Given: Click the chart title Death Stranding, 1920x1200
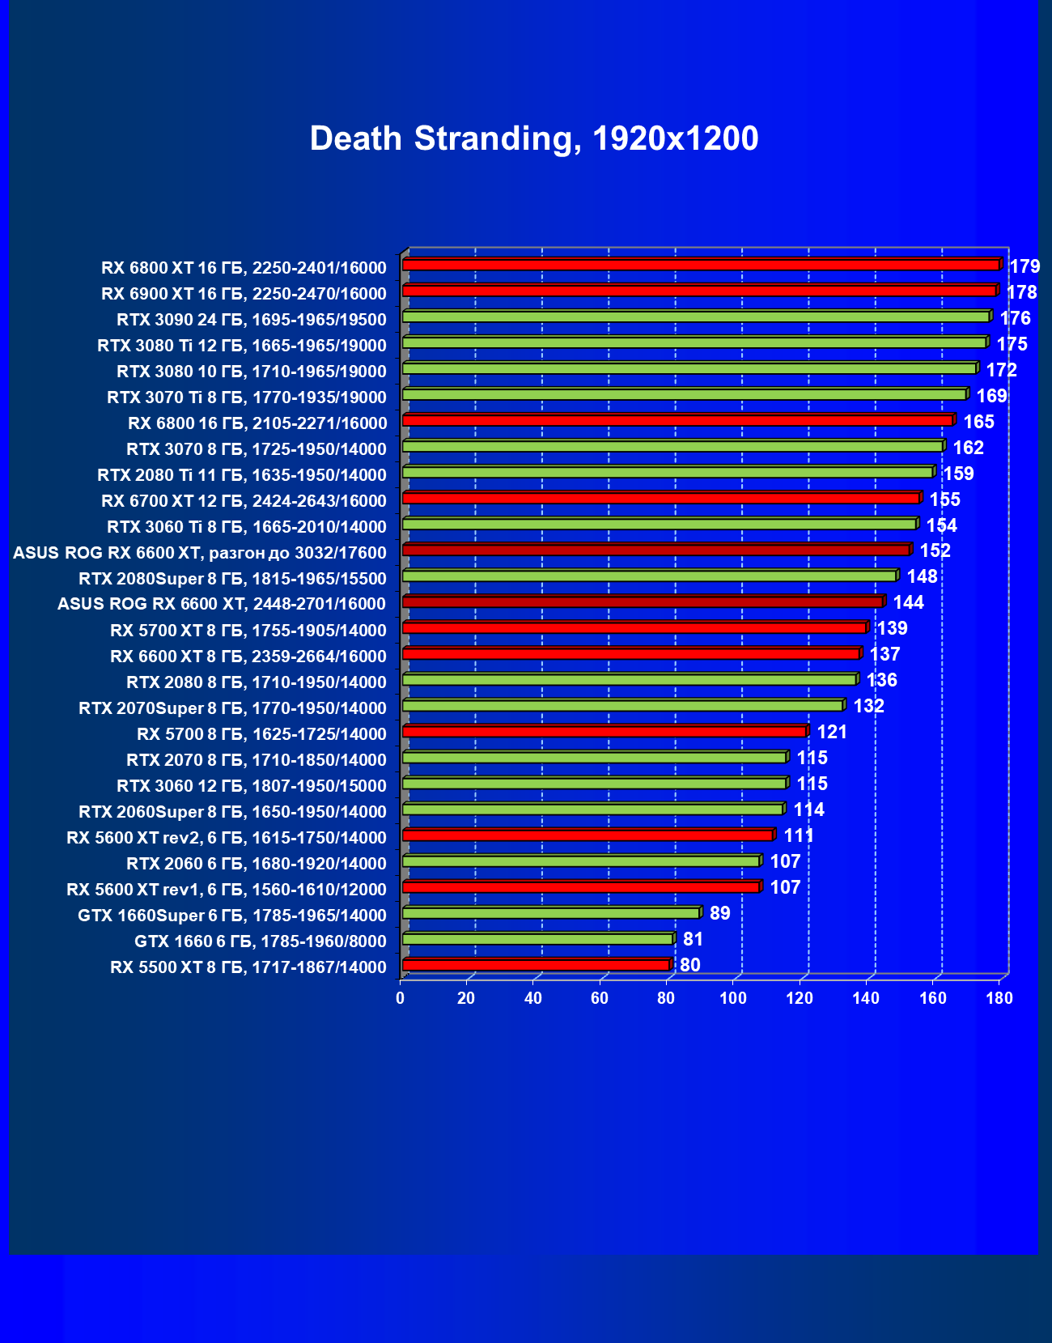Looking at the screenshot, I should point(534,139).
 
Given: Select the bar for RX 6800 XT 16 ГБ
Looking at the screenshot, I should point(701,265).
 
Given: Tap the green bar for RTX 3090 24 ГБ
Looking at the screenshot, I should point(696,317).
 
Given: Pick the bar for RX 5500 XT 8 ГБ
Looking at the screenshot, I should point(536,965).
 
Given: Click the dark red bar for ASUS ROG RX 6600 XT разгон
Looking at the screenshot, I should point(656,550).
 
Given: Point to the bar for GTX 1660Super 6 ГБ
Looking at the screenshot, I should point(551,913).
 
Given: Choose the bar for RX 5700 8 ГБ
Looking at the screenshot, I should point(604,732).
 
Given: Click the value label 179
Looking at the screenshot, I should point(1024,266).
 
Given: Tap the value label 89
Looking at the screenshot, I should point(719,913).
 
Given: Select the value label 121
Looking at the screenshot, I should point(832,732).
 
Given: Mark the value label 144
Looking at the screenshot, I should point(908,602).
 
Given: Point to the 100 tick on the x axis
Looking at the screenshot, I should point(733,998).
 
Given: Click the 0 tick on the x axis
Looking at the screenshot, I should point(401,998).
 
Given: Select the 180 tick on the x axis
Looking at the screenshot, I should point(999,998).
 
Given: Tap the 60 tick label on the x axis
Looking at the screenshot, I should point(600,998).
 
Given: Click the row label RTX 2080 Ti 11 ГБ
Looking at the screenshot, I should point(242,475).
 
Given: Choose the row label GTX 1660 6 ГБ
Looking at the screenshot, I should point(261,941).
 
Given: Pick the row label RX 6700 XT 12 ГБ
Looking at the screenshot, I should point(244,501).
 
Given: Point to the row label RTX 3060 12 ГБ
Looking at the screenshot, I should point(252,786).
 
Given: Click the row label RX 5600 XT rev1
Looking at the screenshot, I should point(227,890).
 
